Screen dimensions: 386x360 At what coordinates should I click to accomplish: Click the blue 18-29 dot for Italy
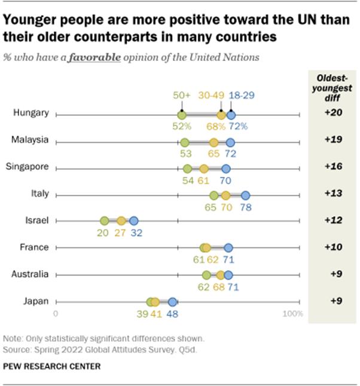click(245, 195)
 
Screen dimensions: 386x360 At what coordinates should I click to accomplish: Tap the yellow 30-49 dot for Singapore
click(204, 169)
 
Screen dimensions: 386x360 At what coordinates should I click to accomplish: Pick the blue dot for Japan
click(172, 302)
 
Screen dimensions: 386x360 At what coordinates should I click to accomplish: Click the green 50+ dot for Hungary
click(182, 115)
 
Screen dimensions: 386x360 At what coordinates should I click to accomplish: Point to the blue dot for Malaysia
click(230, 142)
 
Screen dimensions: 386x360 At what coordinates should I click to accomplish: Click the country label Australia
click(30, 274)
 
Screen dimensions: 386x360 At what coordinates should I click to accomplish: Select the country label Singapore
click(29, 167)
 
